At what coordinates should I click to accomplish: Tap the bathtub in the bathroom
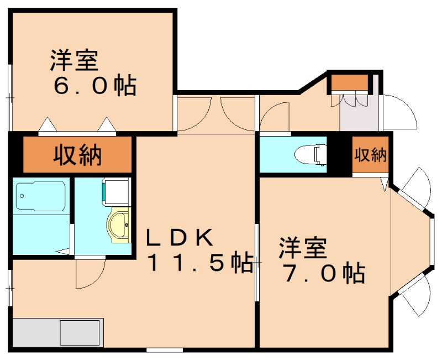click(41, 197)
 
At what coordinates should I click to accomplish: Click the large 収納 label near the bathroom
click(77, 155)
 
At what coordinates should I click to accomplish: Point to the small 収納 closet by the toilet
click(370, 155)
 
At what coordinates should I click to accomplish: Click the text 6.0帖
click(94, 86)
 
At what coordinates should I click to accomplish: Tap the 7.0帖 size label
click(323, 273)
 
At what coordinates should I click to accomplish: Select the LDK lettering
click(179, 238)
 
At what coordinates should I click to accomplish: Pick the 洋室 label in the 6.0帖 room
click(75, 60)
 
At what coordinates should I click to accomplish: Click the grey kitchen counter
click(57, 332)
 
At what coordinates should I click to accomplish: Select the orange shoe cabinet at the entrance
click(349, 83)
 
